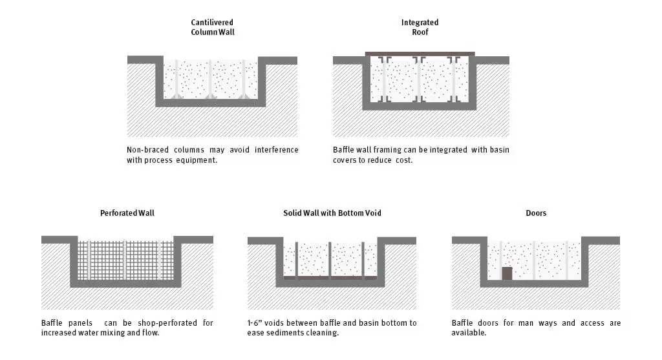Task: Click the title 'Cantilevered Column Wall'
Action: tap(213, 26)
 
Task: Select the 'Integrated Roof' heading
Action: tap(420, 26)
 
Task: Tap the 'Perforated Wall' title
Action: tap(127, 213)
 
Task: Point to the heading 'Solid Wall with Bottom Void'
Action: tap(332, 213)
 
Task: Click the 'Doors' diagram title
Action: tap(535, 213)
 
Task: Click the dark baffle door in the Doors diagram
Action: tap(507, 273)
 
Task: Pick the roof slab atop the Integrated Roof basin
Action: tap(420, 54)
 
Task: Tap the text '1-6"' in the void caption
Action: tap(256, 323)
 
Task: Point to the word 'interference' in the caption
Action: tap(275, 149)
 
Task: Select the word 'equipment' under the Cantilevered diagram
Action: tap(197, 160)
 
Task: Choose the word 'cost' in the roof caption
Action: tap(402, 160)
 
